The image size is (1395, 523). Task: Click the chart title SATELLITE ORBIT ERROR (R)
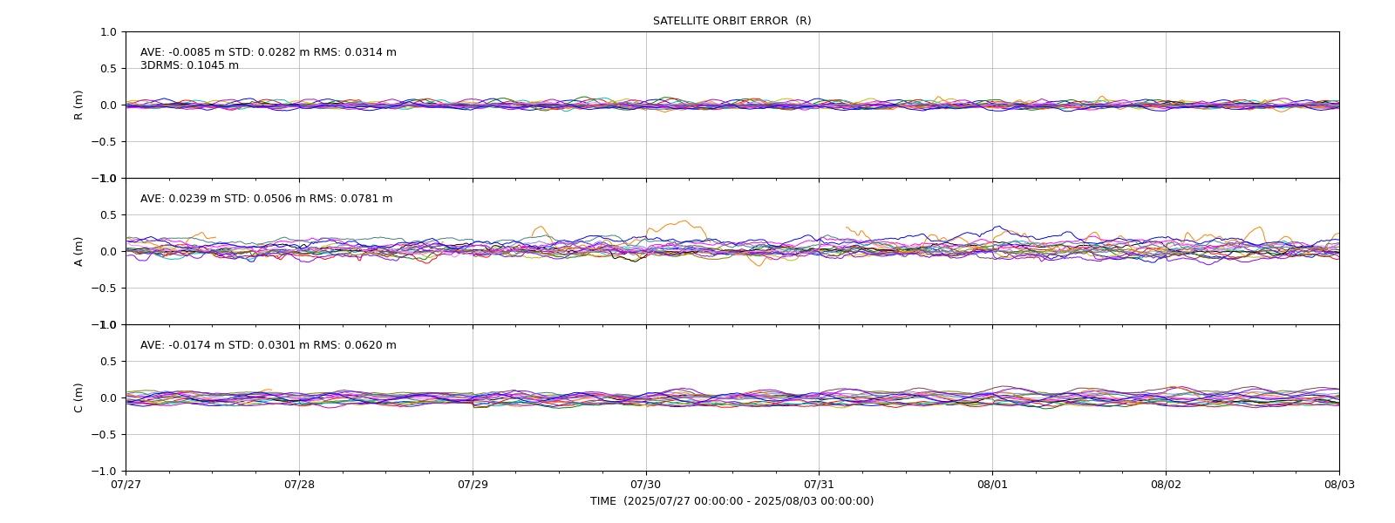(732, 21)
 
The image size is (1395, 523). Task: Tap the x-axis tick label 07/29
(473, 485)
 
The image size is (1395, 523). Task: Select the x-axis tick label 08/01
(992, 485)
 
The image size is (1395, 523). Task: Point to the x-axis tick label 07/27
(126, 485)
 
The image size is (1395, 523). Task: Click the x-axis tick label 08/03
(1339, 485)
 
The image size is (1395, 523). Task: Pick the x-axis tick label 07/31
(819, 485)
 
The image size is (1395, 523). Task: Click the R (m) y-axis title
(78, 105)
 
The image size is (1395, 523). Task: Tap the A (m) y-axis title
(78, 252)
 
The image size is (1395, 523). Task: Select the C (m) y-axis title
(78, 397)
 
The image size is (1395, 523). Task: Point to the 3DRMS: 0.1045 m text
(189, 65)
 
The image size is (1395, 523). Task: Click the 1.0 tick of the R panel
(108, 32)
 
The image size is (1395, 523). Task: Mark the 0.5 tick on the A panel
(108, 214)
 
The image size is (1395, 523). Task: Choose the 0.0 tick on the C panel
(108, 397)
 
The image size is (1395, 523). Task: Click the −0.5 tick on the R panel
(104, 142)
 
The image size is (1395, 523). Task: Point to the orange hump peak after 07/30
(685, 221)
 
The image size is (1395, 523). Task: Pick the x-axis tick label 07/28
(299, 485)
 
